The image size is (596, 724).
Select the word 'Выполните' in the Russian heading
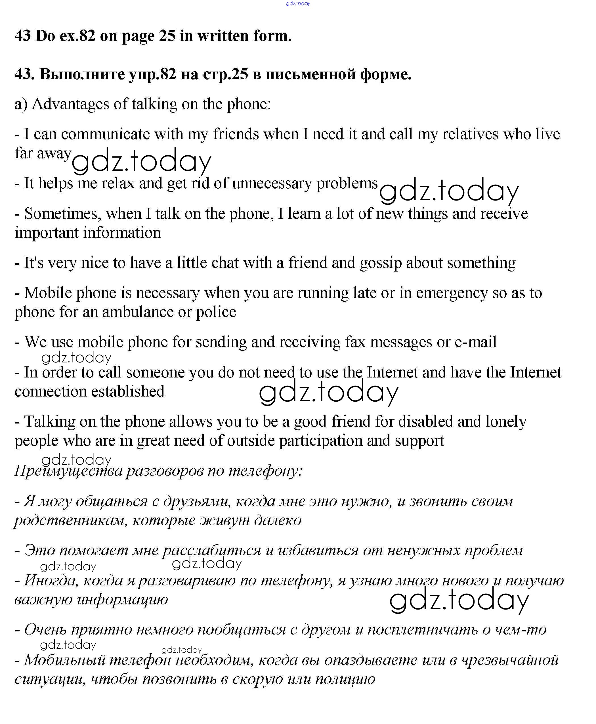coord(82,74)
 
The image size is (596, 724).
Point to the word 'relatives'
coord(470,134)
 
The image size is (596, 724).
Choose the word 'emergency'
coord(452,293)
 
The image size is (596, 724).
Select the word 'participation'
coord(321,441)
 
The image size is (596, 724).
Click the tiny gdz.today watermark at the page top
coord(298,3)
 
